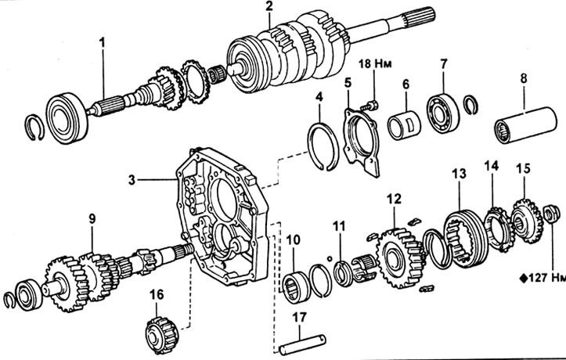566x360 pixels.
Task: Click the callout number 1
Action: coord(102,40)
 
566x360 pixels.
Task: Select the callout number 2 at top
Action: coord(269,7)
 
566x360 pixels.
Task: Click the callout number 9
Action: coord(92,221)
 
